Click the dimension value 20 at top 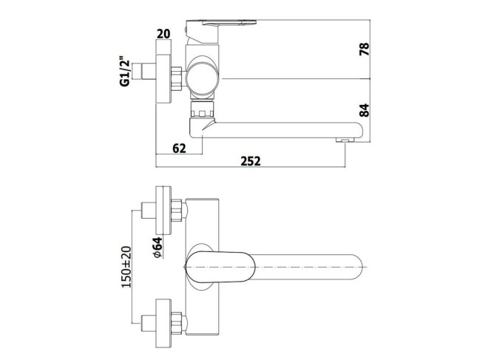point(163,33)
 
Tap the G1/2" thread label point(125,72)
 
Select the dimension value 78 point(364,49)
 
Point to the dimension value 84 point(364,110)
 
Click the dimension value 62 point(180,149)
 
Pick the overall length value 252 point(251,161)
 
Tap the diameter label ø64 point(158,248)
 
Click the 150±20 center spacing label point(126,267)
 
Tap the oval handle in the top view point(220,267)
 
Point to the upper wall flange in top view point(163,211)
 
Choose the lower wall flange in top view point(163,323)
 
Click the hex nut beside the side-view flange point(177,79)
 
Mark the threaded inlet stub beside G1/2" point(149,72)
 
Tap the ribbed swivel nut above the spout point(203,109)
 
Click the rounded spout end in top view point(357,267)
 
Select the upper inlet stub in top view point(149,211)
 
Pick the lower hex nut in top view point(177,324)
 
